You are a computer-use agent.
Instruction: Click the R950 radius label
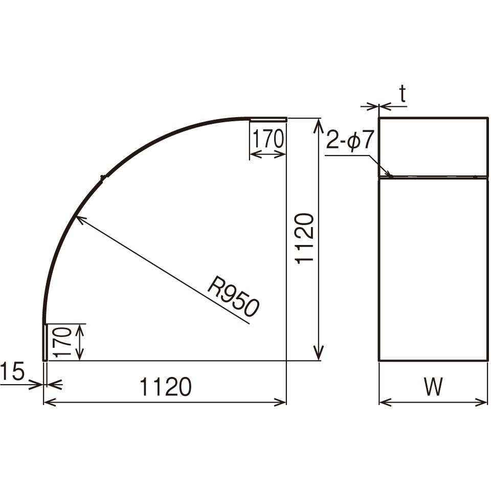tap(234, 296)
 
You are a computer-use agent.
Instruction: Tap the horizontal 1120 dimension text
tap(165, 387)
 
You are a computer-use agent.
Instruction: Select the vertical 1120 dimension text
tap(305, 239)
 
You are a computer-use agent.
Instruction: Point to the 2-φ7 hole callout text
tap(350, 140)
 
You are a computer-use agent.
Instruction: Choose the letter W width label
tap(433, 387)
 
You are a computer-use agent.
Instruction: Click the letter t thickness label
tap(403, 94)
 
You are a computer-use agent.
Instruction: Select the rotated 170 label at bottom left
tap(61, 342)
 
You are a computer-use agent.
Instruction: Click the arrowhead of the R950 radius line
tap(78, 218)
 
